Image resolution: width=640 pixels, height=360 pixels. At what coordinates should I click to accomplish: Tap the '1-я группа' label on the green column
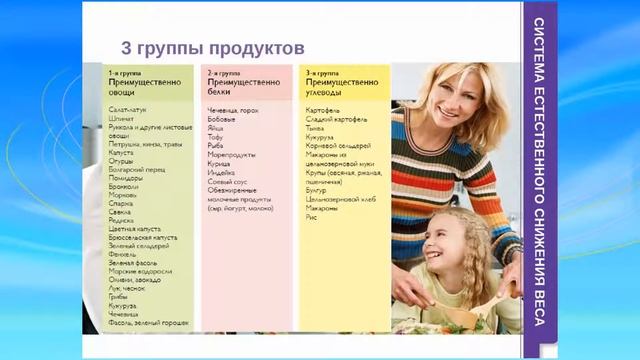tap(123, 74)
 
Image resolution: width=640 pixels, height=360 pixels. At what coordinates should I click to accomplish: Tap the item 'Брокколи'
tap(125, 190)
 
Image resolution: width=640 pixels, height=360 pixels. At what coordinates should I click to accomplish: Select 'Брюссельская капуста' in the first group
tap(143, 237)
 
